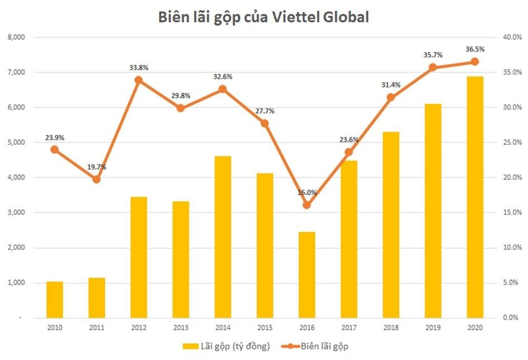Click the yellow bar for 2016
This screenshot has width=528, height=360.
307,274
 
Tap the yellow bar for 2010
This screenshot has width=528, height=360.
54,299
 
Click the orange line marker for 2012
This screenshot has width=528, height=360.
139,80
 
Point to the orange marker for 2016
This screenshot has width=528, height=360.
307,205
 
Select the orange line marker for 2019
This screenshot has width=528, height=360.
432,67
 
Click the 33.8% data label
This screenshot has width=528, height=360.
139,68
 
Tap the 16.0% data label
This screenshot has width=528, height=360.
307,193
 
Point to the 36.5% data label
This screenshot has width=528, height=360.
475,49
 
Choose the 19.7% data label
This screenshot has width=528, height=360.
96,167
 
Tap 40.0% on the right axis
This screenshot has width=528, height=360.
511,37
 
